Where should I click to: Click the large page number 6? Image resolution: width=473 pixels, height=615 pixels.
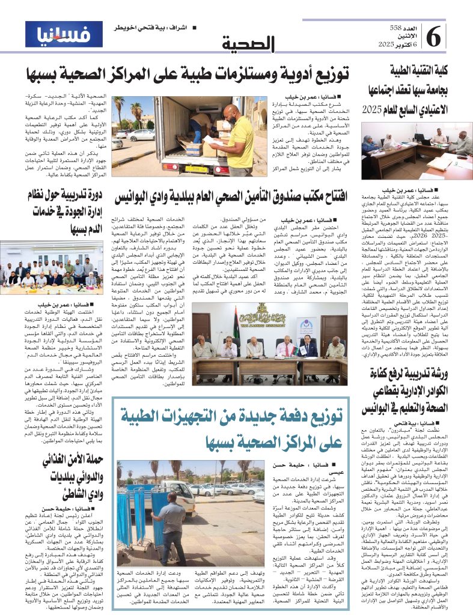435,38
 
